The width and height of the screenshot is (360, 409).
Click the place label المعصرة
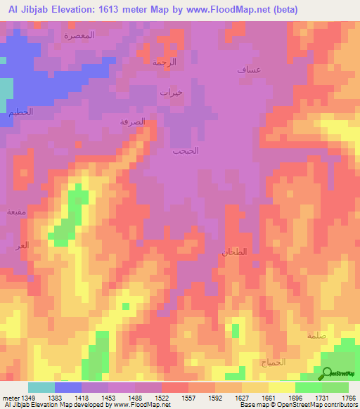tap(79, 34)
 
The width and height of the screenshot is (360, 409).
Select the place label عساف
tap(249, 70)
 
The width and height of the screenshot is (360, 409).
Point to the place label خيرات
tap(171, 92)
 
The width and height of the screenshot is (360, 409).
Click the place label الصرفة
tap(133, 121)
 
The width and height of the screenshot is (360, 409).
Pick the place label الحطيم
tap(21, 112)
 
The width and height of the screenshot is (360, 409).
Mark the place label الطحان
tap(233, 252)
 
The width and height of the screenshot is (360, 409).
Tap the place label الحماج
tap(274, 362)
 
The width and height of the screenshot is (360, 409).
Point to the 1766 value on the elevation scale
tap(349, 397)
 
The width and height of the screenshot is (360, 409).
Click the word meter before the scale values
tap(10, 397)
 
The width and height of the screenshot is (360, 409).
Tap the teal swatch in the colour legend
tap(41, 387)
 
